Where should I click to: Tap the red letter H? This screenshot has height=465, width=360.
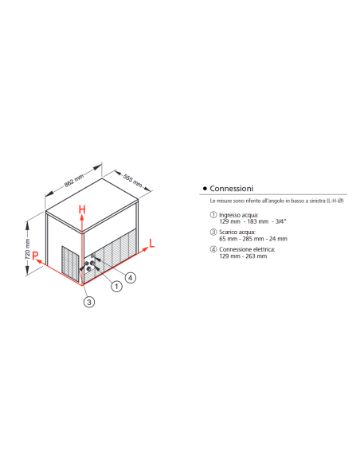[82, 210]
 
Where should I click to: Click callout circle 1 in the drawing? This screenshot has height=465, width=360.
[116, 285]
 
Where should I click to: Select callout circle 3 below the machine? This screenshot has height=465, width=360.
[89, 301]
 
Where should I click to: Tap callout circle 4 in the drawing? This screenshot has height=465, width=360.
[131, 276]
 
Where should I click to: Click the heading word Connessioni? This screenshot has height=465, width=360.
[232, 189]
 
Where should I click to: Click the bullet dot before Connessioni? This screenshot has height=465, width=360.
[205, 189]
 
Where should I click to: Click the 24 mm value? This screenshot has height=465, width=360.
[279, 238]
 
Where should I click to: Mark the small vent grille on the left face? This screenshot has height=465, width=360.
[71, 263]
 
